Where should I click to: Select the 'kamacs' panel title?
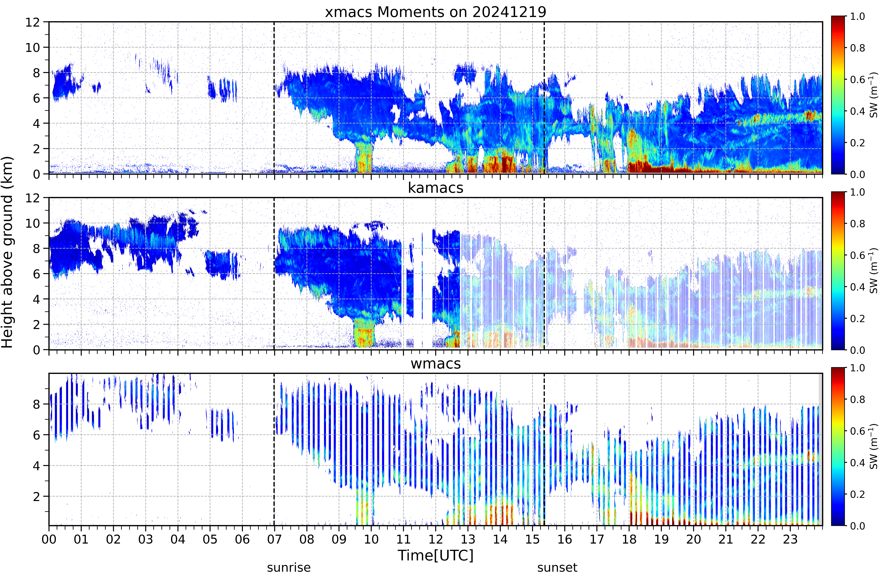tap(435, 188)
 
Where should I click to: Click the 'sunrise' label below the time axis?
tap(289, 568)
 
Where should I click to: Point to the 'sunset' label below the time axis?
tap(557, 568)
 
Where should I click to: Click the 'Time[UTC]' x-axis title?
tap(435, 556)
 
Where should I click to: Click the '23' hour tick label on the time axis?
tap(790, 539)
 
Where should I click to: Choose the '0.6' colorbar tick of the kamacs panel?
tap(857, 255)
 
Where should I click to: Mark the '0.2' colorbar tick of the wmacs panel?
tap(857, 494)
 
